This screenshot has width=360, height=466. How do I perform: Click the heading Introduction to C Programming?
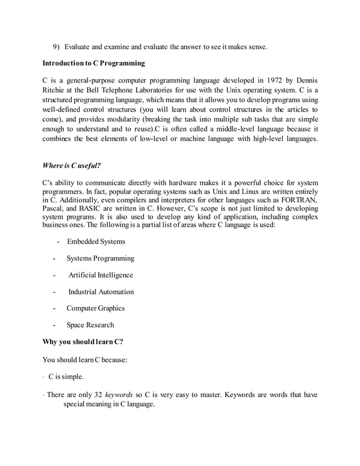[94, 63]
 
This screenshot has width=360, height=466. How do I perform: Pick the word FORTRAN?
[300, 201]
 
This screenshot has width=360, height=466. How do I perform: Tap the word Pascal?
[54, 209]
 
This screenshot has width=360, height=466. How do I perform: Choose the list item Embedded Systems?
[96, 242]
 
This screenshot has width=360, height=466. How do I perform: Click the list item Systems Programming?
[100, 258]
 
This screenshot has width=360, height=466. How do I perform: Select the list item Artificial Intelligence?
[101, 275]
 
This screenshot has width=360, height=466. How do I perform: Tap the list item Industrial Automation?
[101, 292]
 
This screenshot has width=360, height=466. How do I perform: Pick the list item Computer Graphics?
[95, 308]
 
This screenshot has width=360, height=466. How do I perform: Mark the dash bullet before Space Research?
[54, 325]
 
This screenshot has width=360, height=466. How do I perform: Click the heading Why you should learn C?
[83, 341]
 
